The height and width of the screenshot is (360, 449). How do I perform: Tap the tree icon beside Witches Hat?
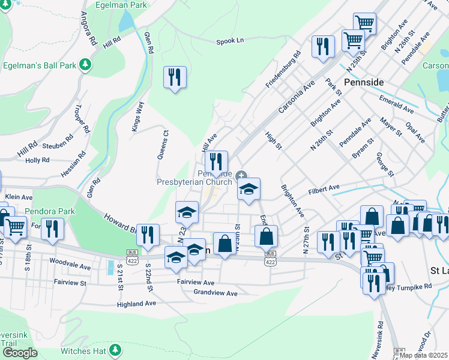116,350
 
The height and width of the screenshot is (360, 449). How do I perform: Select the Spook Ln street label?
230,41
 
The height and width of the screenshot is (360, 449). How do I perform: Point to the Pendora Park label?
50,211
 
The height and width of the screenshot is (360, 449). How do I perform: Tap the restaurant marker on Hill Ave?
216,162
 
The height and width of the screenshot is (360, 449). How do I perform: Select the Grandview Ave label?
215,293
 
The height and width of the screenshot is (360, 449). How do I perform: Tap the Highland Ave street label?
136,304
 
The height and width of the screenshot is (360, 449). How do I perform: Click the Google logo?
20,353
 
